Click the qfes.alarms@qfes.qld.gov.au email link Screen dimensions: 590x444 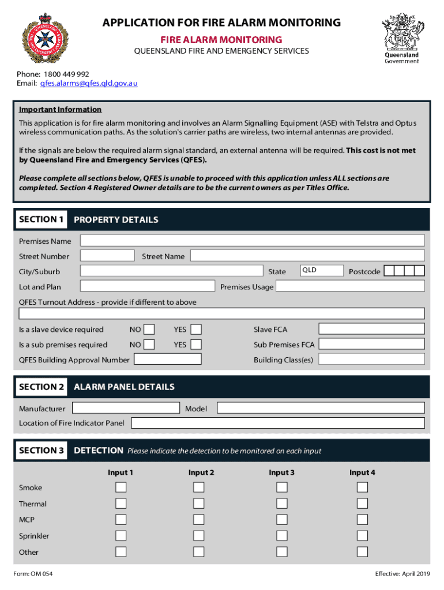pyautogui.click(x=88, y=83)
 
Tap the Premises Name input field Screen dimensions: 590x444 pyautogui.click(x=252, y=241)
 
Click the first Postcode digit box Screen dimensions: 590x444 pyautogui.click(x=389, y=271)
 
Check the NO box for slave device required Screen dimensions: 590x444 pyautogui.click(x=149, y=330)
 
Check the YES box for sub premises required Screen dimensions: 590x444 pyautogui.click(x=196, y=345)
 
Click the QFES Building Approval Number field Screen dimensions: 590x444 pyautogui.click(x=167, y=360)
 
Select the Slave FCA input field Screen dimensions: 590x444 pyautogui.click(x=372, y=329)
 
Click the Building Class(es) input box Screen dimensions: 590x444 pyautogui.click(x=372, y=360)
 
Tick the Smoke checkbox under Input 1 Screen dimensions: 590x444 pyautogui.click(x=121, y=487)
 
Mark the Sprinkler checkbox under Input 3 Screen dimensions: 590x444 pyautogui.click(x=281, y=536)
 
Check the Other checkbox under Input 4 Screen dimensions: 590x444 pyautogui.click(x=362, y=552)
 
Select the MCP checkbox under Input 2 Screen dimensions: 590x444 pyautogui.click(x=199, y=520)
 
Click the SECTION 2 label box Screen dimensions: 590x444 pyautogui.click(x=42, y=387)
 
